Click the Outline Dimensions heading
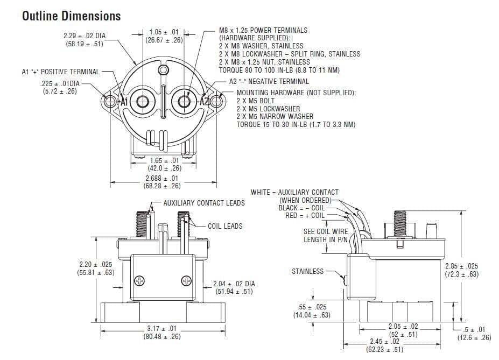click(x=71, y=16)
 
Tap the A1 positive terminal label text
click(x=60, y=72)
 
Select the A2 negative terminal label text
click(x=269, y=81)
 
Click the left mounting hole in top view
click(x=110, y=101)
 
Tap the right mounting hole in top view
click(x=216, y=101)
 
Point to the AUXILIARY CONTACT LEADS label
click(x=204, y=203)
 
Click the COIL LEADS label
click(x=225, y=226)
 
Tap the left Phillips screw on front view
click(x=140, y=280)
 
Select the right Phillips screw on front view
click(x=187, y=280)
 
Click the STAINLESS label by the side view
click(x=308, y=271)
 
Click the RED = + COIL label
click(x=305, y=216)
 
